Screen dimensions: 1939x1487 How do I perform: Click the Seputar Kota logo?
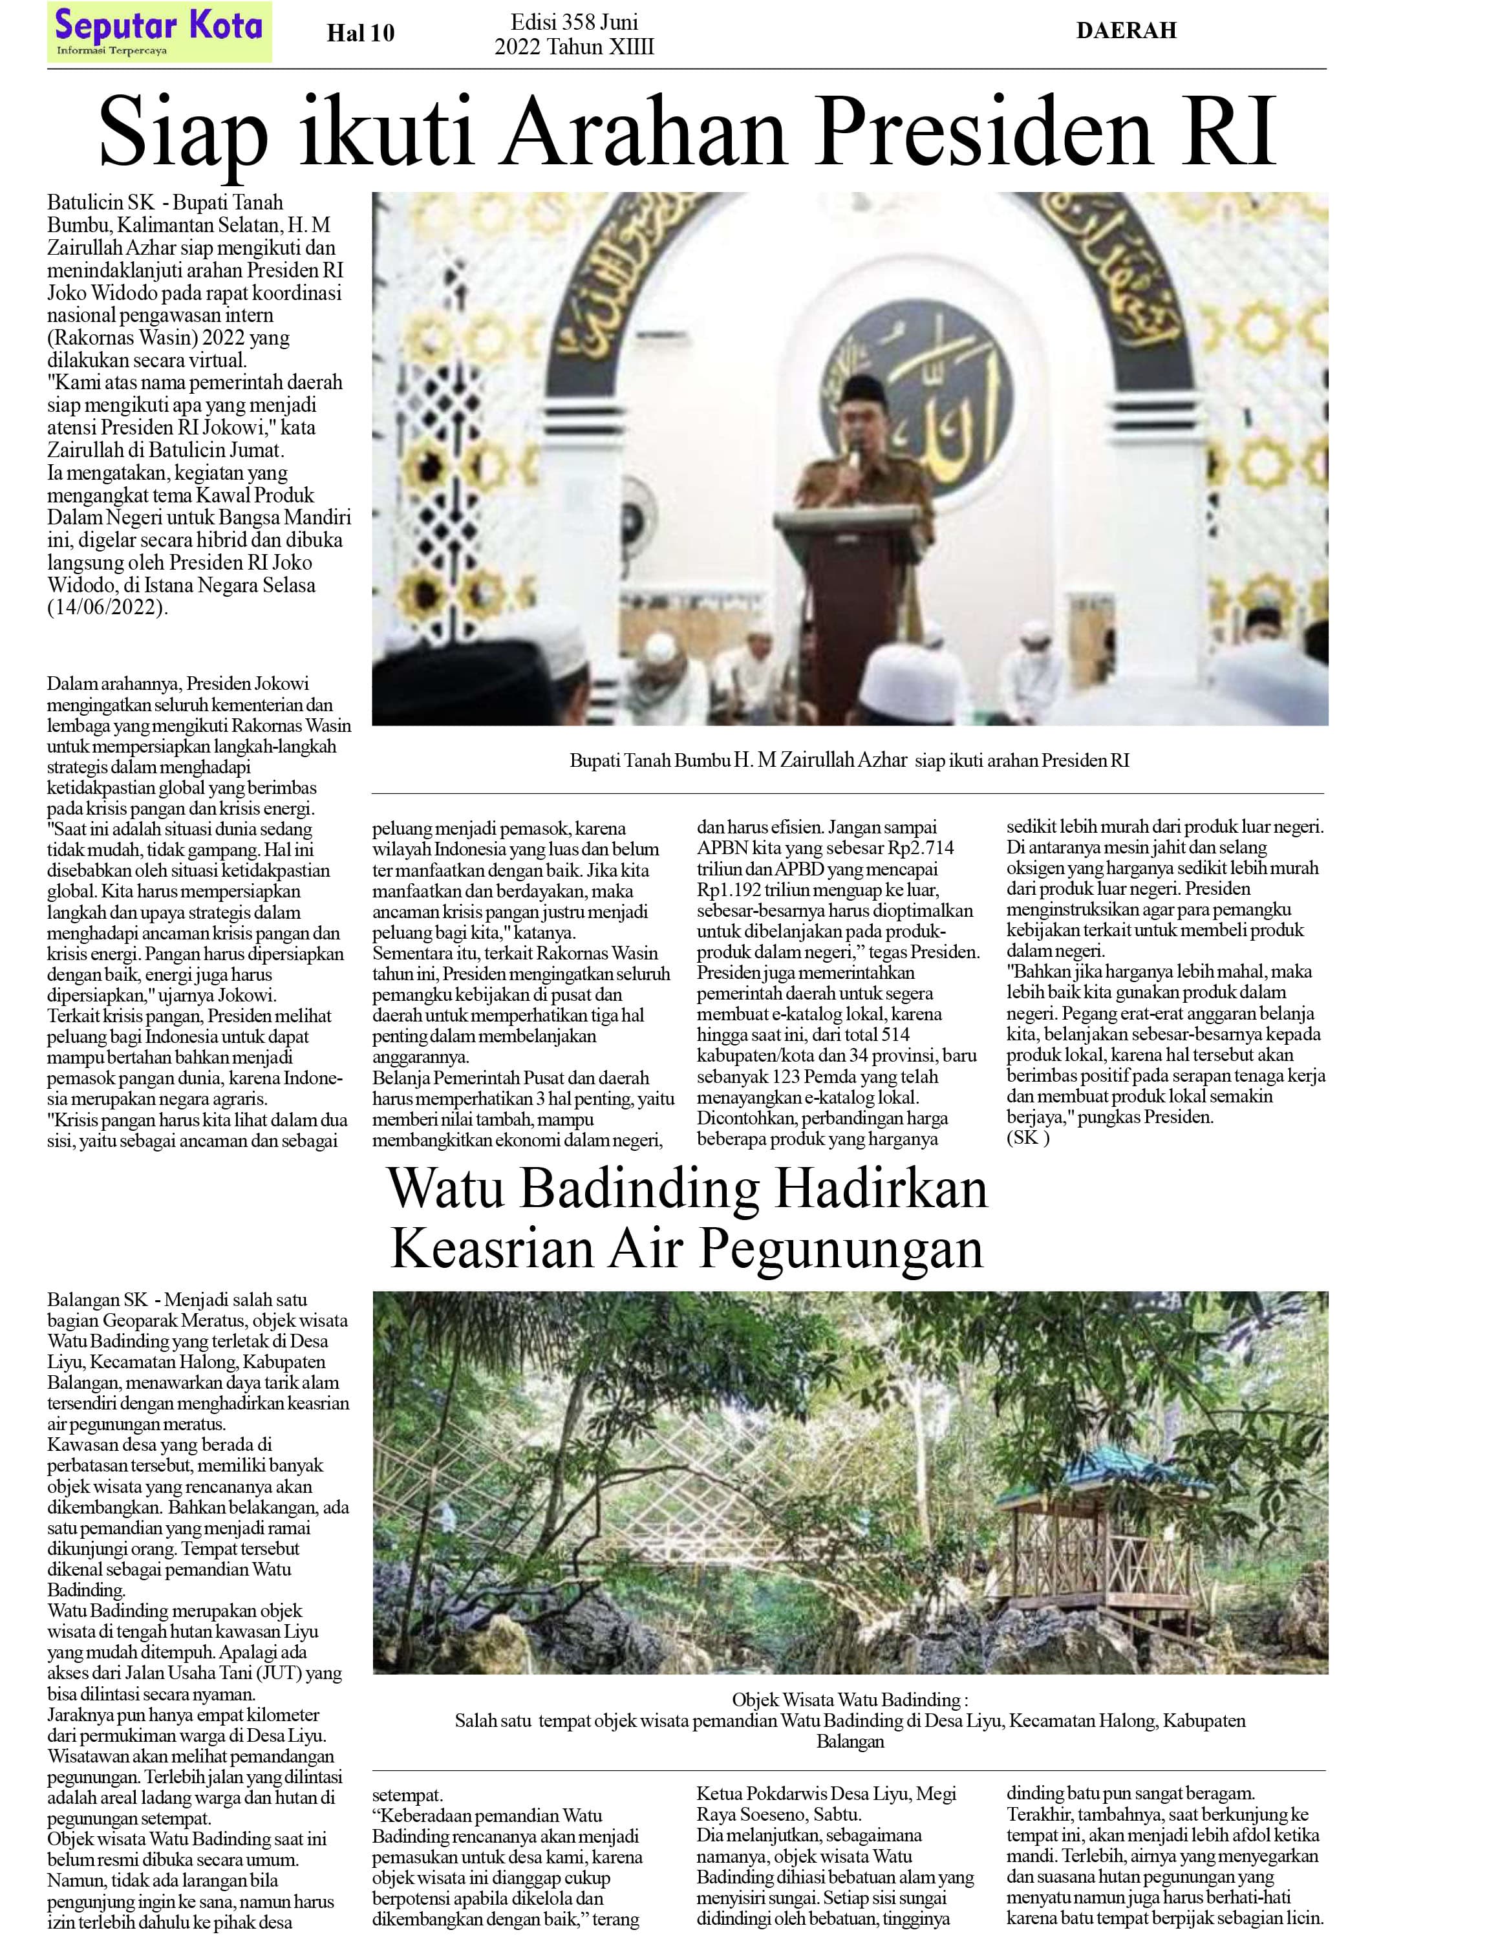[159, 32]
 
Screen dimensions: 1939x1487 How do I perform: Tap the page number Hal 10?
[360, 34]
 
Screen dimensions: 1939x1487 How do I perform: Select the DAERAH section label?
[1126, 31]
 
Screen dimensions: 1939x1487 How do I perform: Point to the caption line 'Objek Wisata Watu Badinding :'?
[850, 1700]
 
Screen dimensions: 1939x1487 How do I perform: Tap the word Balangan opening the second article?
[84, 1300]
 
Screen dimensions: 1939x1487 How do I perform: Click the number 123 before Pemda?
[781, 1076]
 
